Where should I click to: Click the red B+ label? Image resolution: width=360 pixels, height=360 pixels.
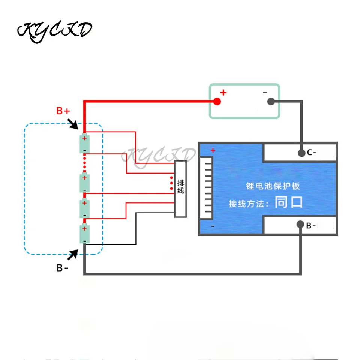pyautogui.click(x=63, y=111)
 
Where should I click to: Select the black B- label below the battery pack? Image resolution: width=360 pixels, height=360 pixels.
pyautogui.click(x=62, y=268)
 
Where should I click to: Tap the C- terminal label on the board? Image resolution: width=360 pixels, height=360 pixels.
pyautogui.click(x=312, y=153)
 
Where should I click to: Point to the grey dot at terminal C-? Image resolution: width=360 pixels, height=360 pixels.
pyautogui.click(x=301, y=153)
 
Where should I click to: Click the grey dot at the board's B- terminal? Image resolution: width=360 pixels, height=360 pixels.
pyautogui.click(x=300, y=224)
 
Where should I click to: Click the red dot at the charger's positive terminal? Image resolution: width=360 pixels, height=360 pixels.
pyautogui.click(x=217, y=101)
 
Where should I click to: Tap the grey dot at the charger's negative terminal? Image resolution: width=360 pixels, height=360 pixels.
pyautogui.click(x=271, y=101)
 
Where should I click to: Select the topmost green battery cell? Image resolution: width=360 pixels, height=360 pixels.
pyautogui.click(x=84, y=144)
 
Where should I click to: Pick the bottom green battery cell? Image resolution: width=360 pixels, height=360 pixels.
pyautogui.click(x=84, y=234)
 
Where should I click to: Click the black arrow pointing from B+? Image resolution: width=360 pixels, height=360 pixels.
pyautogui.click(x=73, y=123)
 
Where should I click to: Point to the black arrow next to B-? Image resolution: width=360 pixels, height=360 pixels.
pyautogui.click(x=73, y=255)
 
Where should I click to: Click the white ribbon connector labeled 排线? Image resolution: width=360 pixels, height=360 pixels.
pyautogui.click(x=180, y=189)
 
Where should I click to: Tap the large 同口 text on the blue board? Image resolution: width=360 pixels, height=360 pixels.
pyautogui.click(x=288, y=202)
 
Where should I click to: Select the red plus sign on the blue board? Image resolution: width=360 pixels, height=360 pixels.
pyautogui.click(x=213, y=151)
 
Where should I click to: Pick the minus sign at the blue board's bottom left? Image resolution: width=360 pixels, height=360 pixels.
pyautogui.click(x=213, y=226)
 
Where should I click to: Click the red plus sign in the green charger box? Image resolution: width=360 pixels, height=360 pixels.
pyautogui.click(x=223, y=92)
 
